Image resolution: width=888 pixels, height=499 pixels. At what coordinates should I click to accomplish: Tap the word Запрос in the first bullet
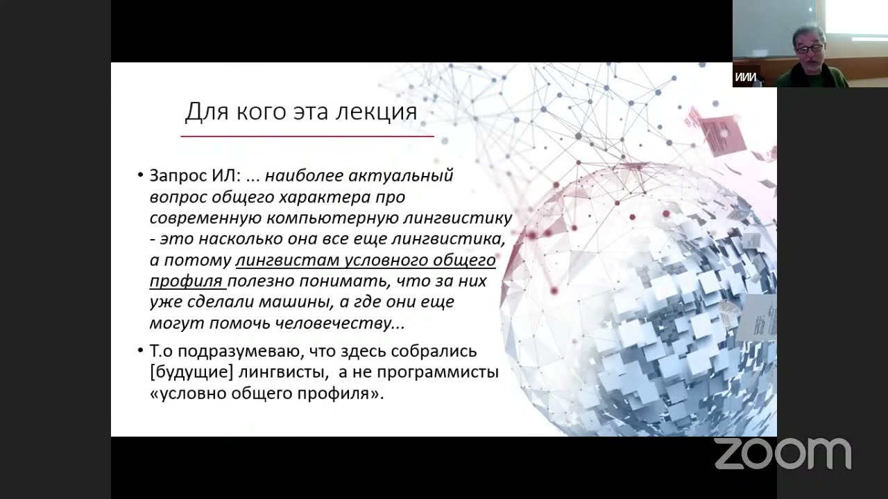[178, 176]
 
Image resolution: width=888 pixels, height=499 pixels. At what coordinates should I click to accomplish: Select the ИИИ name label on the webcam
[745, 78]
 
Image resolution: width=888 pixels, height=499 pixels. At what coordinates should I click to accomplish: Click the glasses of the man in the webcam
[808, 49]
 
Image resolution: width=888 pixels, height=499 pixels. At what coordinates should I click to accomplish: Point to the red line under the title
[307, 137]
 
